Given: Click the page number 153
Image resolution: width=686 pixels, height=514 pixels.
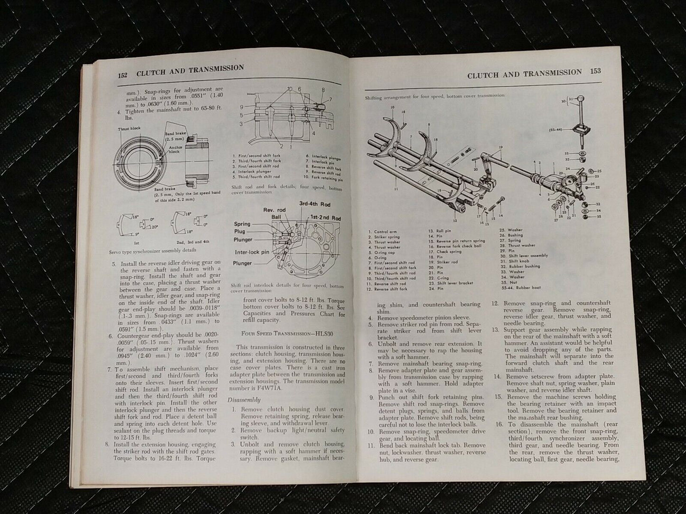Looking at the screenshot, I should click(x=595, y=72).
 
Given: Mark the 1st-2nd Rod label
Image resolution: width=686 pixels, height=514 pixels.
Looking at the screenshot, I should click(x=325, y=218).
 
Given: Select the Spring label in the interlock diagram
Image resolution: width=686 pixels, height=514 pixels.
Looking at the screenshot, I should click(x=242, y=224).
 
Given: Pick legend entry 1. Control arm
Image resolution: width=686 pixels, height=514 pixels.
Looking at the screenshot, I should click(x=385, y=232).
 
